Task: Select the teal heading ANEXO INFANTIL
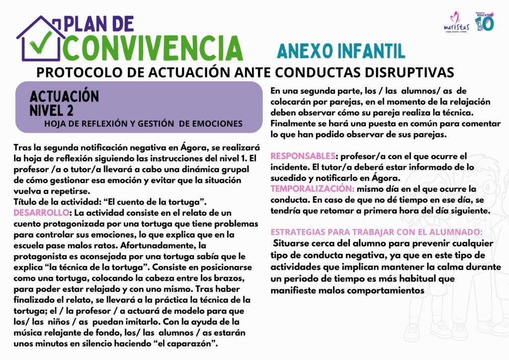point(340,50)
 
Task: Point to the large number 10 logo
point(485,22)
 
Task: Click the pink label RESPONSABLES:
point(304,155)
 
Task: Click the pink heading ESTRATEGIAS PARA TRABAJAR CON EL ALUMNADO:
point(376,232)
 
